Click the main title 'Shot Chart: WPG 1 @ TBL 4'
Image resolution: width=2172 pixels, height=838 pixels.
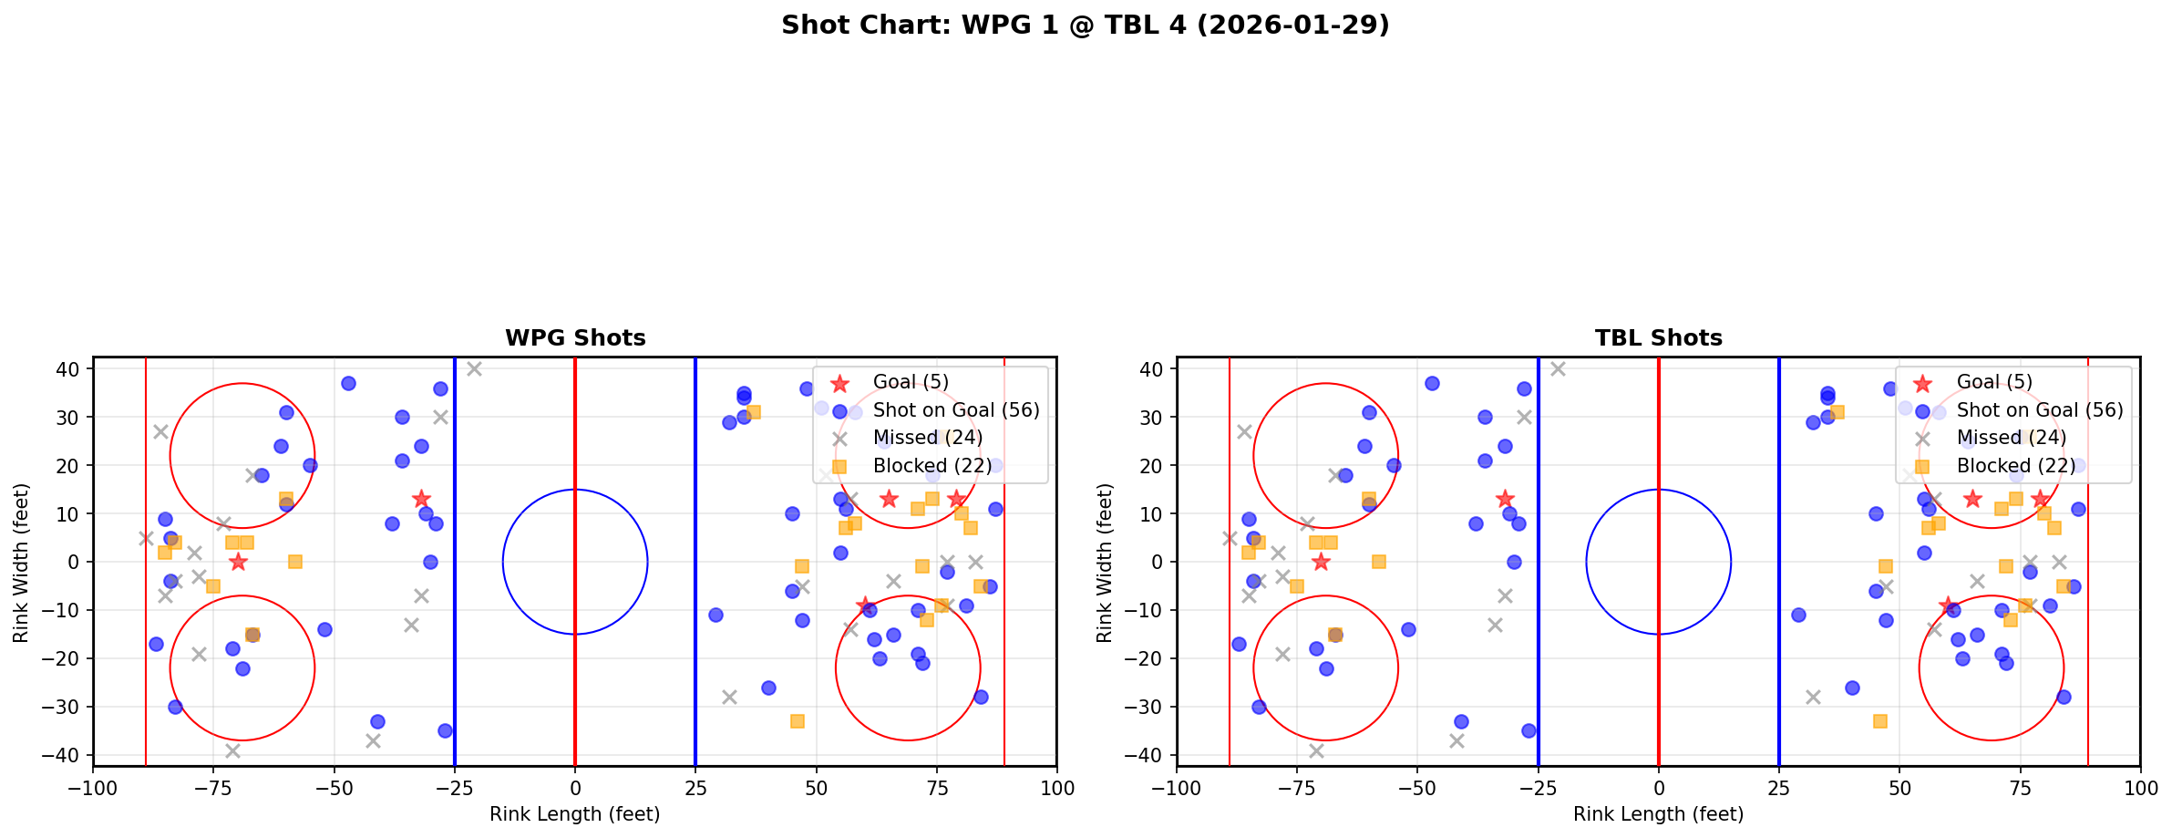coord(1085,26)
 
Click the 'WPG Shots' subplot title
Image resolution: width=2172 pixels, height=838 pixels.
coord(575,338)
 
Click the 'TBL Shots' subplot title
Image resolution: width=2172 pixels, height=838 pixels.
coord(1658,338)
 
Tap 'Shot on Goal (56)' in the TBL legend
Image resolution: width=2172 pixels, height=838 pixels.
coord(2040,410)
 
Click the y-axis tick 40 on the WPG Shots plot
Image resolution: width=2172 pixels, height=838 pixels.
coord(69,369)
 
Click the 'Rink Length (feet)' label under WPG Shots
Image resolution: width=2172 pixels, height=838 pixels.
coord(575,814)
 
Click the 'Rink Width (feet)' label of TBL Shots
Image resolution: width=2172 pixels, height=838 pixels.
coord(1105,562)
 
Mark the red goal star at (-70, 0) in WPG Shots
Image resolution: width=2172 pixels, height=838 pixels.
coord(238,562)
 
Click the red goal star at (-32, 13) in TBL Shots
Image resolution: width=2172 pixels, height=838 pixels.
coord(1505,499)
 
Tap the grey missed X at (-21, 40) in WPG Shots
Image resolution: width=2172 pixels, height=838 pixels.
coord(474,369)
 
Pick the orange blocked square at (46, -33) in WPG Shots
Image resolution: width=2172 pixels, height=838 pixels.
coord(797,721)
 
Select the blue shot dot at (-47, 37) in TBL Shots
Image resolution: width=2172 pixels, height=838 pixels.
coord(1432,383)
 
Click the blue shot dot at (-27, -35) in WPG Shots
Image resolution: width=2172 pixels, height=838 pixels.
coord(445,730)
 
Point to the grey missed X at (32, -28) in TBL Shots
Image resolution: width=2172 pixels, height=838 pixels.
coord(1813,697)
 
